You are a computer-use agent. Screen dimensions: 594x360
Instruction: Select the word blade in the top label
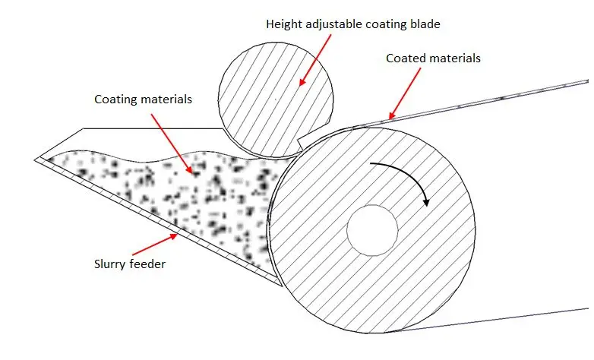coord(426,24)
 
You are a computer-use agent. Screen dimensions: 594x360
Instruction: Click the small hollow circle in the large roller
coord(372,228)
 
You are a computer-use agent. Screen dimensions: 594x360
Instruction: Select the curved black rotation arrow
coord(403,171)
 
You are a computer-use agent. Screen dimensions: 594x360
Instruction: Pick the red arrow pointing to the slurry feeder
coord(156,245)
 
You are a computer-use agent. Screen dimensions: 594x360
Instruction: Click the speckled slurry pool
coord(167,194)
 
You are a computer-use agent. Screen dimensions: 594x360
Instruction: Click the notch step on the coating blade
coord(302,141)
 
